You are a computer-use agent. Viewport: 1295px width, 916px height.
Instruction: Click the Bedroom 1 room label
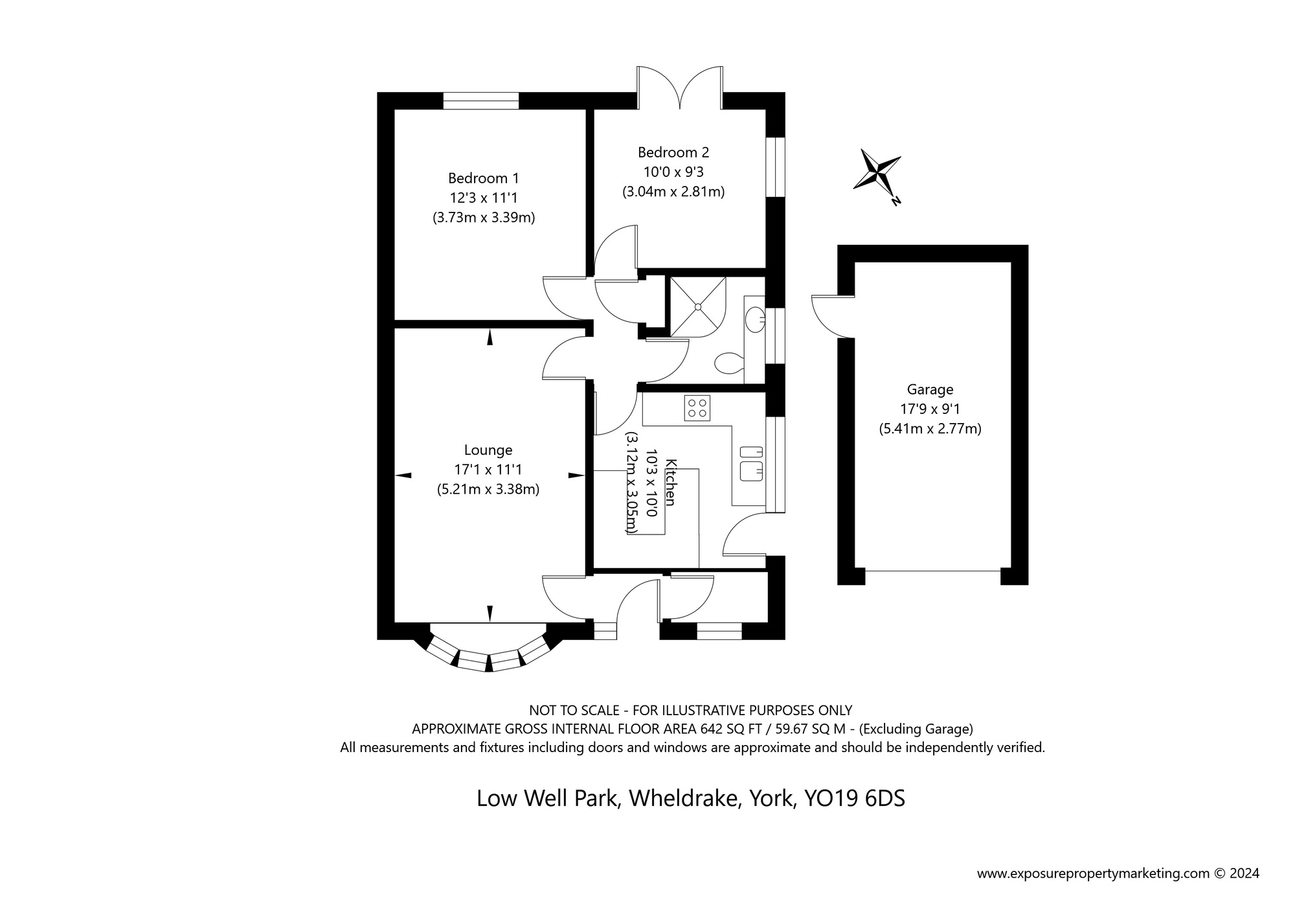tap(484, 177)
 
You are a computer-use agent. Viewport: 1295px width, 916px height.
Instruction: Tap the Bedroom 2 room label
tap(673, 152)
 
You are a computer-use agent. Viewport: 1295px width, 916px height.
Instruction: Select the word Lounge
tap(488, 450)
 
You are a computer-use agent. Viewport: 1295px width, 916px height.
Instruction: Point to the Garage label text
tap(930, 389)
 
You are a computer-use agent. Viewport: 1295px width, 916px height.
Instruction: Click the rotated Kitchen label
tap(671, 483)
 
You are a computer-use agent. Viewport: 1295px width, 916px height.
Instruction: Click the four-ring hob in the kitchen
tap(697, 408)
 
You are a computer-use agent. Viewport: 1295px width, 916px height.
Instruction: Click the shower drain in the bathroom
tap(698, 307)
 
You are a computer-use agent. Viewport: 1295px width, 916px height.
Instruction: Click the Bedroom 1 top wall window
tap(481, 101)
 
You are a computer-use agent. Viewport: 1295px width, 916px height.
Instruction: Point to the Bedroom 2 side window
tap(775, 166)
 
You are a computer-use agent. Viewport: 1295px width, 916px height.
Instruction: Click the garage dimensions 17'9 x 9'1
tap(930, 409)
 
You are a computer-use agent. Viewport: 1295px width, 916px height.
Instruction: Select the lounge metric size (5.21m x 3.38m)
tap(488, 490)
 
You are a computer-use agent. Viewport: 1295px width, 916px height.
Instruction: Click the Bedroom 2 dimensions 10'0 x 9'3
tap(673, 172)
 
